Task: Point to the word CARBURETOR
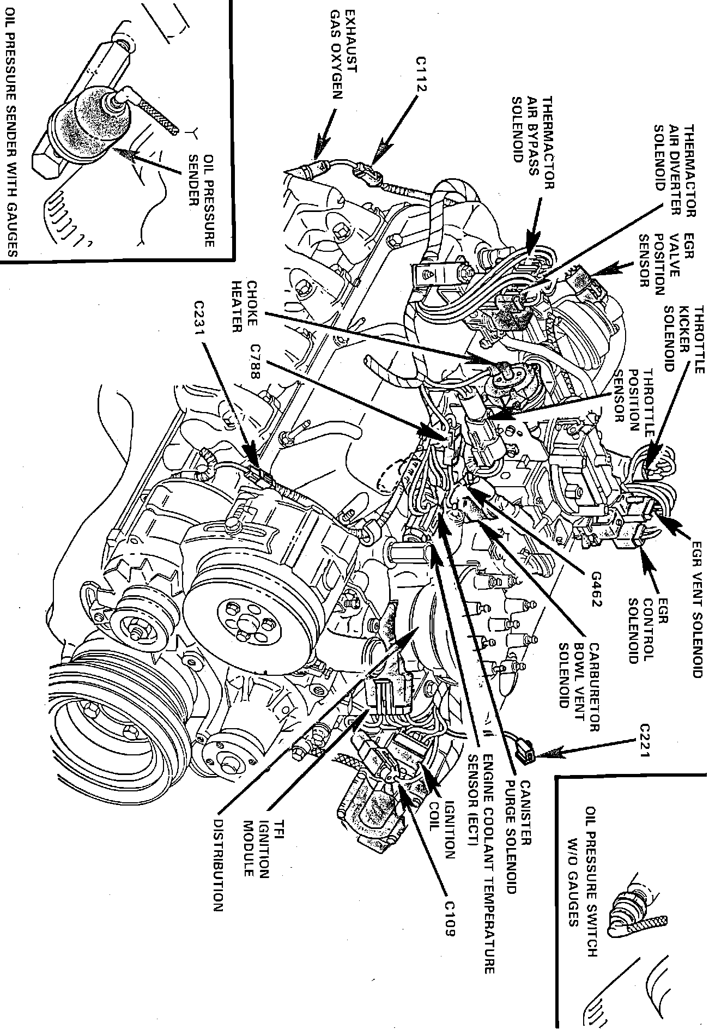coord(593,684)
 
